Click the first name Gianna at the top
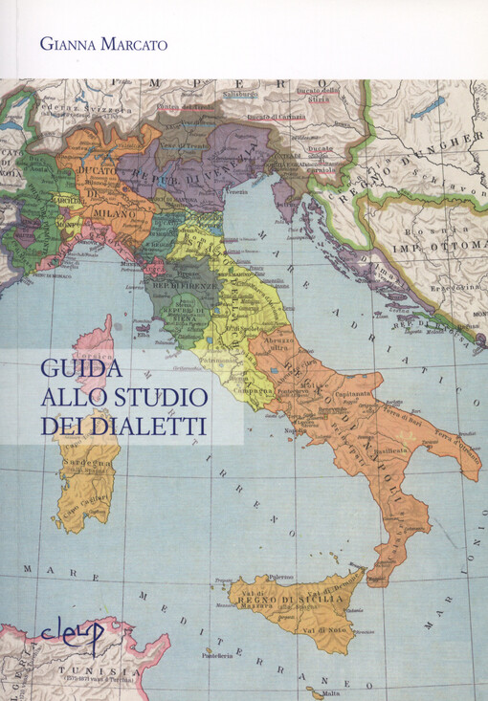click(x=67, y=42)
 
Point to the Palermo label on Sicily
click(x=280, y=578)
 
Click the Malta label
click(x=331, y=693)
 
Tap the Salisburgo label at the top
click(x=242, y=95)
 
